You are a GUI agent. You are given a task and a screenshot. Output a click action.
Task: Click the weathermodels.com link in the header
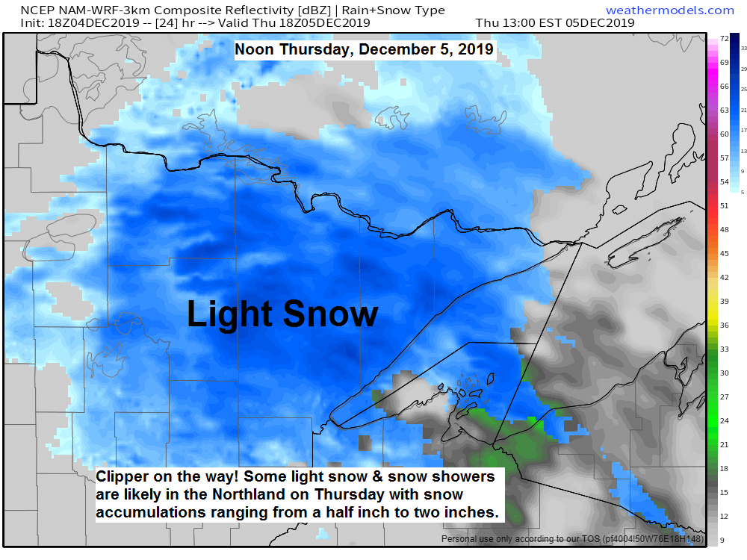coord(669,10)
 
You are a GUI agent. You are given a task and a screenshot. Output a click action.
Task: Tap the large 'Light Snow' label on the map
coord(282,314)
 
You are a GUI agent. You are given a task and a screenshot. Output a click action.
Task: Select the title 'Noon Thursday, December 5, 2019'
coord(364,50)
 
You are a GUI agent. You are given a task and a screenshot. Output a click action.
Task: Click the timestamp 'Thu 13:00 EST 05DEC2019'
coord(554,22)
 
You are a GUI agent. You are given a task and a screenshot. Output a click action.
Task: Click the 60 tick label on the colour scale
coord(724,134)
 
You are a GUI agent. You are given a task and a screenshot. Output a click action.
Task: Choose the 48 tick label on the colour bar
coord(724,230)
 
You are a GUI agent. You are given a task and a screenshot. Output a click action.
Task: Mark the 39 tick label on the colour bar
coord(724,302)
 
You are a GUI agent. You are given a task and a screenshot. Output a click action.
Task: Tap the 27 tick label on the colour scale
coord(724,397)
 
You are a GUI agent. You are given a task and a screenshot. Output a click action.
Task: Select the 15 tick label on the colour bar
coord(724,493)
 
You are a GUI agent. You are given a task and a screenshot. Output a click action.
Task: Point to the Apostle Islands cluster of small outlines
coord(468,389)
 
